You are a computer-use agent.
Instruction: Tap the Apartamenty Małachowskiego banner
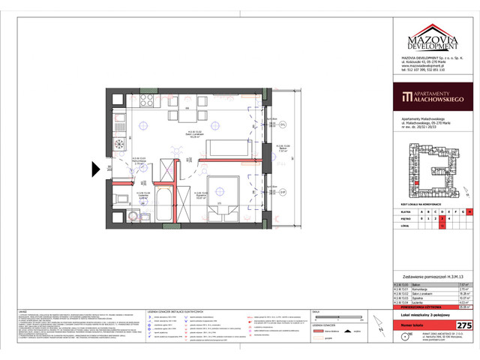pos(432,98)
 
